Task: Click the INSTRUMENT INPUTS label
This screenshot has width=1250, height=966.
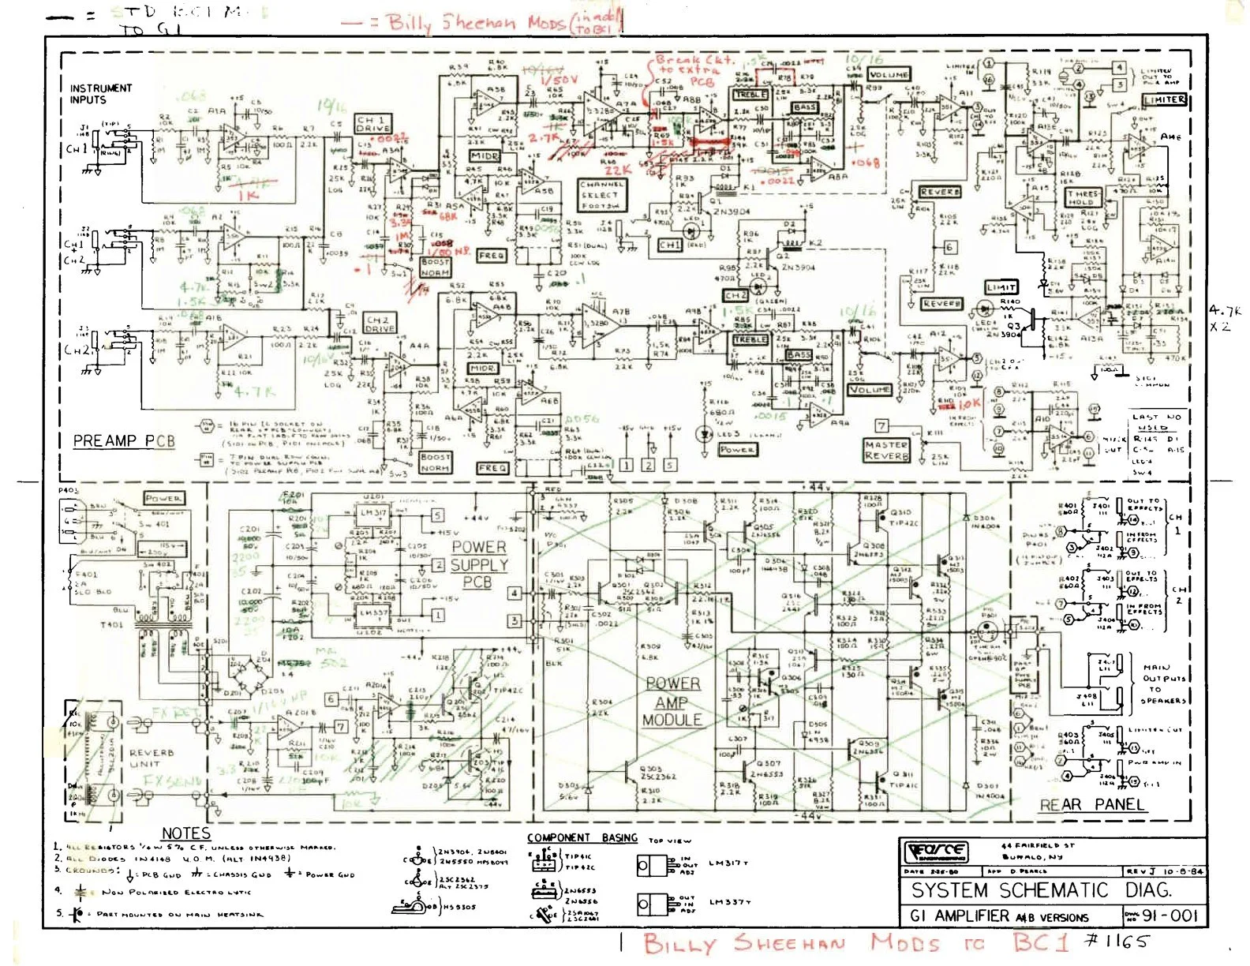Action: pos(100,94)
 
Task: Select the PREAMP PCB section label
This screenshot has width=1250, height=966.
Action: pos(124,440)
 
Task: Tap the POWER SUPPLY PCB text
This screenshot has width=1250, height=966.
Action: pos(478,564)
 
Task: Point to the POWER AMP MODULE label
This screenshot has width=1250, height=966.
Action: pos(672,701)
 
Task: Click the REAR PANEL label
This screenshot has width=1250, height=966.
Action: pos(1091,805)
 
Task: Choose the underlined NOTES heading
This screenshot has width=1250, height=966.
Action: pos(185,833)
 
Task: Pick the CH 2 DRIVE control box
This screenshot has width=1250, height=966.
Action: pos(379,324)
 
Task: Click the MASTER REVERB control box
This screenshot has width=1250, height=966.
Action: pos(886,450)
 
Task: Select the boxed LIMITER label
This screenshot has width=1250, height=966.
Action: pos(1164,99)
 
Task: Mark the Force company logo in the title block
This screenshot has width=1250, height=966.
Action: pos(936,852)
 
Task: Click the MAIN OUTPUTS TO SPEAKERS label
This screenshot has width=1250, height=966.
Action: pos(1164,683)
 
